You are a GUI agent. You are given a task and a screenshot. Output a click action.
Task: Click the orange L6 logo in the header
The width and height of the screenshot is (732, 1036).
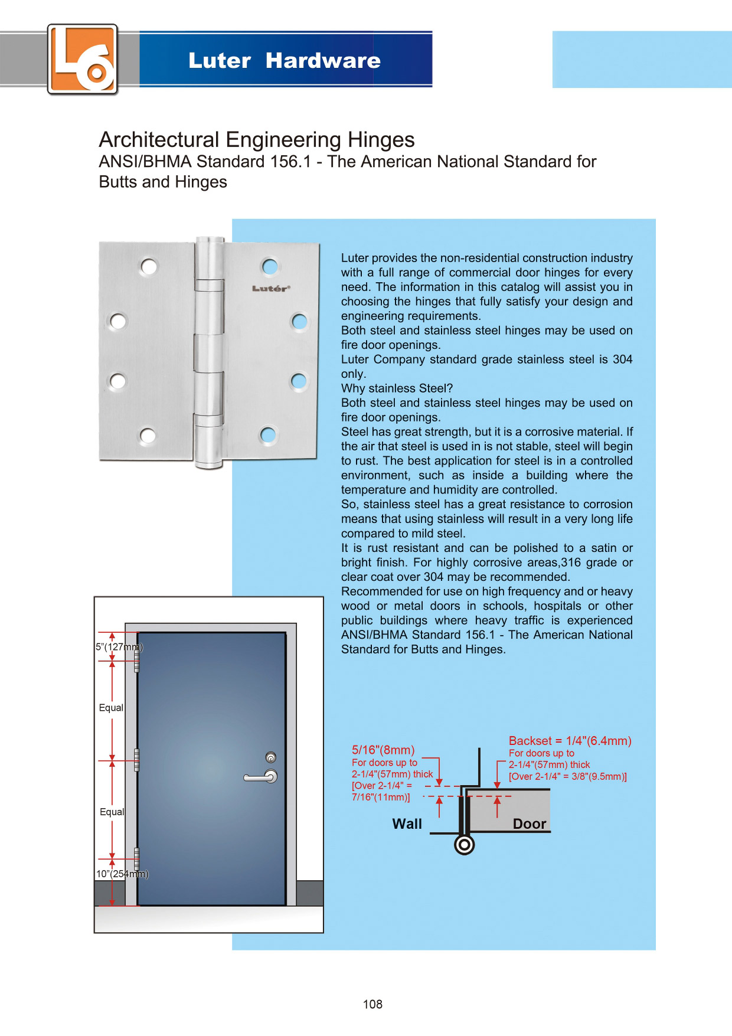(x=83, y=59)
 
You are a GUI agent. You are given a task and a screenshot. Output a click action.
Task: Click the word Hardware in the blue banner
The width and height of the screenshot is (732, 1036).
(x=323, y=61)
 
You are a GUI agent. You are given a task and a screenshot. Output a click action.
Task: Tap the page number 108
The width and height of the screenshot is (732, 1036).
(x=372, y=1004)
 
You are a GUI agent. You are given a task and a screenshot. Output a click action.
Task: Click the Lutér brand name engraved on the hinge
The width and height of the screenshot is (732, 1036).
(x=271, y=289)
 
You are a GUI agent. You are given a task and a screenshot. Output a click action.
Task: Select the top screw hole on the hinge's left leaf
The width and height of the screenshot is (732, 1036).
(x=149, y=267)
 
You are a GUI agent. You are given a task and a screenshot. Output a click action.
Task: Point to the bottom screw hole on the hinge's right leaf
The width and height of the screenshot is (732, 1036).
(x=269, y=436)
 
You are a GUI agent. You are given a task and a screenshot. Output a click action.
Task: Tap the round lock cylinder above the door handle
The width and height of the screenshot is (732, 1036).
(x=270, y=757)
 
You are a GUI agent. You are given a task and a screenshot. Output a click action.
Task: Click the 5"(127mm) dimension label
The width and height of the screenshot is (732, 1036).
(x=119, y=647)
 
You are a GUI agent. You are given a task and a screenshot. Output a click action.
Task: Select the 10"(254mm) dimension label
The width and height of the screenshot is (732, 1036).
(x=122, y=874)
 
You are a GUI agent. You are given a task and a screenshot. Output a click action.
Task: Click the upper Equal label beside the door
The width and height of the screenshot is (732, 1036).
(x=111, y=708)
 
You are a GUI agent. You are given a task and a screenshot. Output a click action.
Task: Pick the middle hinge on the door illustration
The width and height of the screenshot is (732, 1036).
(x=136, y=760)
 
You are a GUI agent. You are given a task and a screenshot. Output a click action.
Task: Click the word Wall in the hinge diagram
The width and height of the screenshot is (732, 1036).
(x=407, y=824)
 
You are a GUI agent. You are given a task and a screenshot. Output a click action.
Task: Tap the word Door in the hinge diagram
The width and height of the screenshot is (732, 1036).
(x=529, y=824)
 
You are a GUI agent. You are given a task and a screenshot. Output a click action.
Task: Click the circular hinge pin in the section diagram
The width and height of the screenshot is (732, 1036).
(x=465, y=845)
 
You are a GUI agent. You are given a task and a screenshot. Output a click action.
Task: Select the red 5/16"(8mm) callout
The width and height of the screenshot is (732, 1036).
(x=383, y=750)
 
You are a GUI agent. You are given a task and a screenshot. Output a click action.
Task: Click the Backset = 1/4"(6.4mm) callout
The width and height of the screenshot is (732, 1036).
(x=570, y=741)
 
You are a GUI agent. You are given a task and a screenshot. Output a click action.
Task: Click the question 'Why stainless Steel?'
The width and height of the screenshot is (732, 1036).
(x=397, y=388)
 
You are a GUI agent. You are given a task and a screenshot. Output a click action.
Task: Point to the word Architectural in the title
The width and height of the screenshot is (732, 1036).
(x=159, y=140)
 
